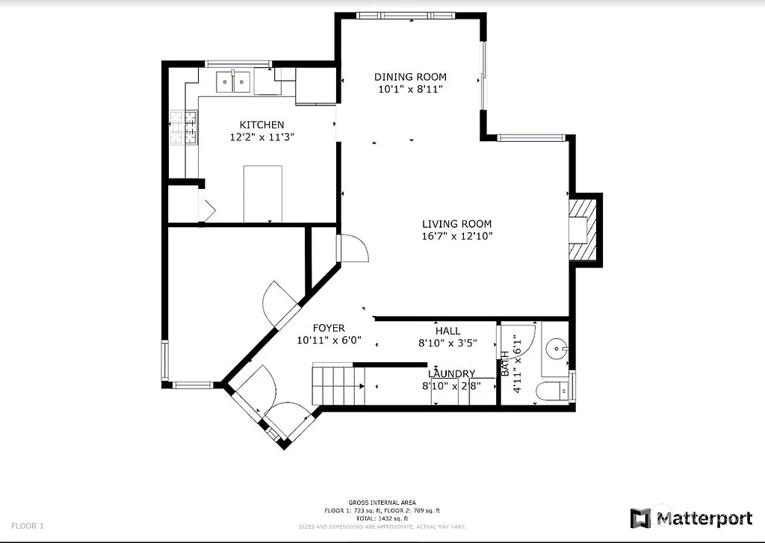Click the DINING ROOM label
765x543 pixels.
(410, 77)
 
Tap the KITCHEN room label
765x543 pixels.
(261, 125)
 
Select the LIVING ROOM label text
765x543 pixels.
(456, 224)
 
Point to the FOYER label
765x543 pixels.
(329, 328)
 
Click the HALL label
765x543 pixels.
(447, 331)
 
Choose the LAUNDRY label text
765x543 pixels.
(452, 373)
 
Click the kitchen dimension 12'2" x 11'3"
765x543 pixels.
(261, 137)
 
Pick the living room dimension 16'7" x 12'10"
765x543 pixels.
(456, 237)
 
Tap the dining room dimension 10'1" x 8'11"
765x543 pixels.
(410, 89)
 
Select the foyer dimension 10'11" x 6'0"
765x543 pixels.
(329, 340)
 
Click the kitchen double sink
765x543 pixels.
(234, 81)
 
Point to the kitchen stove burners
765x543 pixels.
(184, 127)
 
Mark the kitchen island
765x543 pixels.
(262, 193)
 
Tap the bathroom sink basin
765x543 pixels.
(556, 348)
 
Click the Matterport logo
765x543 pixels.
(691, 518)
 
